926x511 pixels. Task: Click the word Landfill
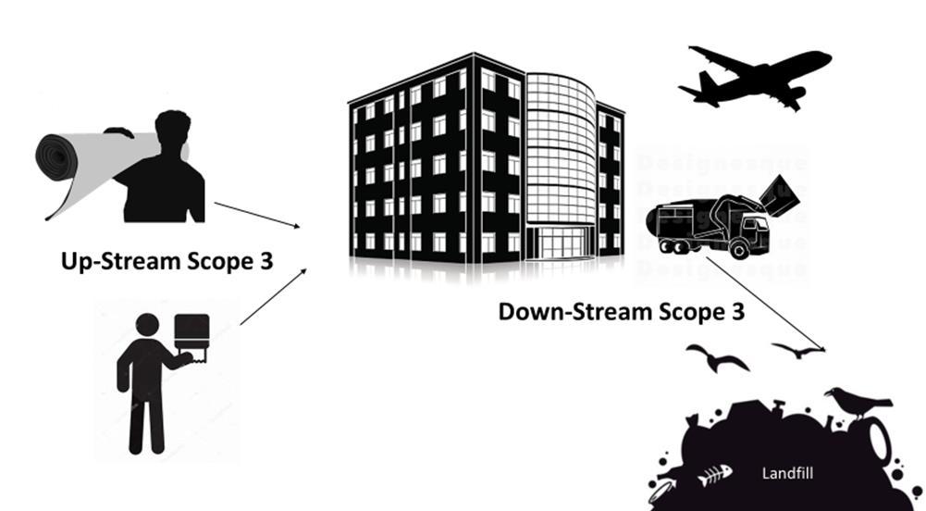pyautogui.click(x=787, y=473)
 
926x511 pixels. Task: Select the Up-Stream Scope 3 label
pyautogui.click(x=167, y=260)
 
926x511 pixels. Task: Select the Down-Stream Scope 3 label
pyautogui.click(x=622, y=311)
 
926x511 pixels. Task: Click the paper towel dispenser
pyautogui.click(x=191, y=333)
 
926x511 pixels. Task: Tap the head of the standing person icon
pyautogui.click(x=147, y=325)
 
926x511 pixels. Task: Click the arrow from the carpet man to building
pyautogui.click(x=257, y=215)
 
